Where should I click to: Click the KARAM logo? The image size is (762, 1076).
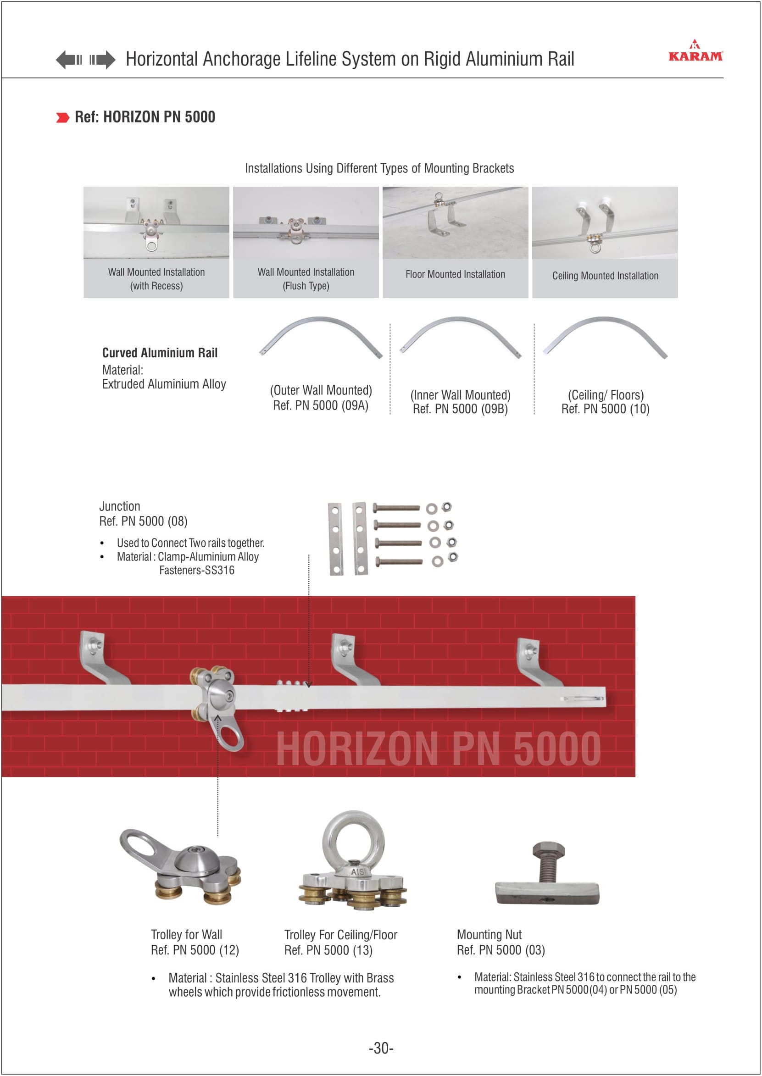[x=695, y=53]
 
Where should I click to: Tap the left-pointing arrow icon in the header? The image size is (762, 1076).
[x=68, y=60]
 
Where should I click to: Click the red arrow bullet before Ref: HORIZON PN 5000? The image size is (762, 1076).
[x=62, y=117]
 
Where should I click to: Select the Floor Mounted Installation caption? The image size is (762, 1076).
[x=455, y=274]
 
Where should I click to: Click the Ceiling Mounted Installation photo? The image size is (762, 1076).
[x=605, y=223]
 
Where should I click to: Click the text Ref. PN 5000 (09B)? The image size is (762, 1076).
[x=460, y=409]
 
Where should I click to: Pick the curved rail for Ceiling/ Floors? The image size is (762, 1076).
[x=605, y=334]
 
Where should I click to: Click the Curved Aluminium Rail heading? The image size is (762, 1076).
[x=160, y=353]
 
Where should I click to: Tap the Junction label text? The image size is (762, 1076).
[x=120, y=506]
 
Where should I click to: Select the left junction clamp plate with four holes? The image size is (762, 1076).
[x=335, y=539]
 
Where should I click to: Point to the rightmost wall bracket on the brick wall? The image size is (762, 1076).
[x=537, y=662]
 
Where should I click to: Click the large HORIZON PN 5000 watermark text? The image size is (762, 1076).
[x=438, y=749]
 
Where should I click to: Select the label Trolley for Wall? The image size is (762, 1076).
[x=186, y=934]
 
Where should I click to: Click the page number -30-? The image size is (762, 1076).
[x=380, y=1048]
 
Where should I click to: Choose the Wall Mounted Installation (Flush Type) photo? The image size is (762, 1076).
[x=306, y=223]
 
